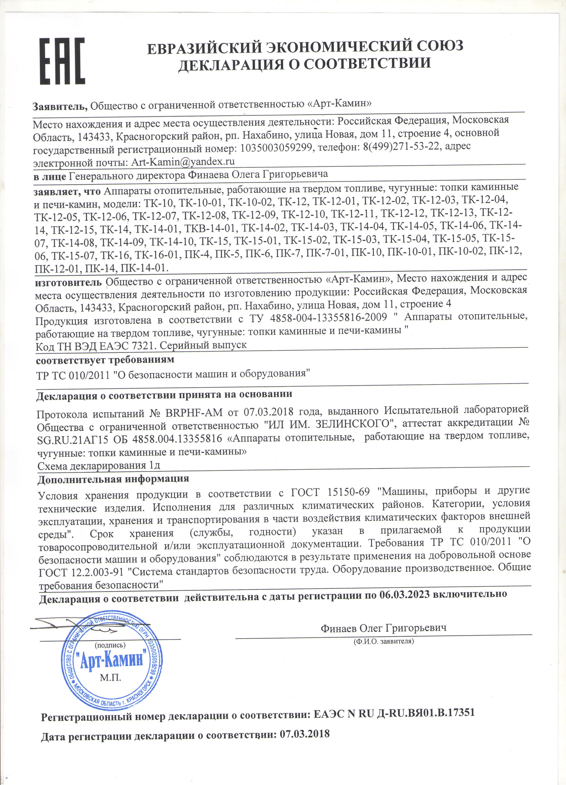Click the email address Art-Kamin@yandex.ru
[182, 162]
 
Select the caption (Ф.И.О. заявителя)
[383, 641]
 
